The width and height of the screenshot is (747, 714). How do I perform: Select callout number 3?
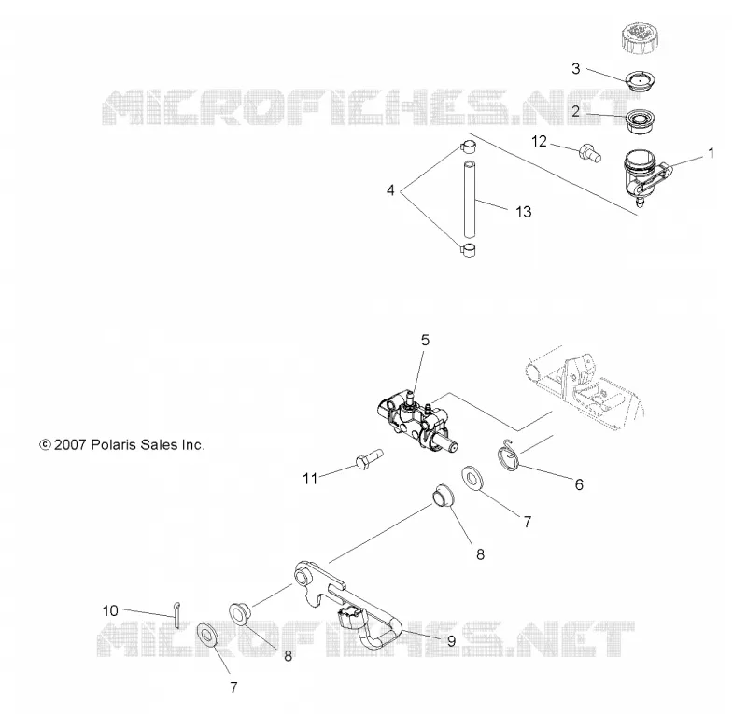click(x=576, y=68)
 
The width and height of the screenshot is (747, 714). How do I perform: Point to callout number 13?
click(x=524, y=212)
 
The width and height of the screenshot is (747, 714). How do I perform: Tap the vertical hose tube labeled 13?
click(x=471, y=199)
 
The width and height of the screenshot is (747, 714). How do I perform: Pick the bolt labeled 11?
click(x=370, y=458)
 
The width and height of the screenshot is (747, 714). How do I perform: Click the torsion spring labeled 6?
click(x=508, y=455)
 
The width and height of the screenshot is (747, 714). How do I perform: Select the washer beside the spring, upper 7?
click(x=473, y=478)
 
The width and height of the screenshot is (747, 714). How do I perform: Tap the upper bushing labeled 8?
click(x=443, y=497)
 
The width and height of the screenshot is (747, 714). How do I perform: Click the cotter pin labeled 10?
click(x=177, y=614)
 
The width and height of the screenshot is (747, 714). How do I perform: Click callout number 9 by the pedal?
click(x=451, y=641)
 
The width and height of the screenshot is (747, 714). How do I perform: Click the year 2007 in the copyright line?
click(x=70, y=445)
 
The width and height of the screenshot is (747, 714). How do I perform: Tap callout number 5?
click(x=425, y=340)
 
